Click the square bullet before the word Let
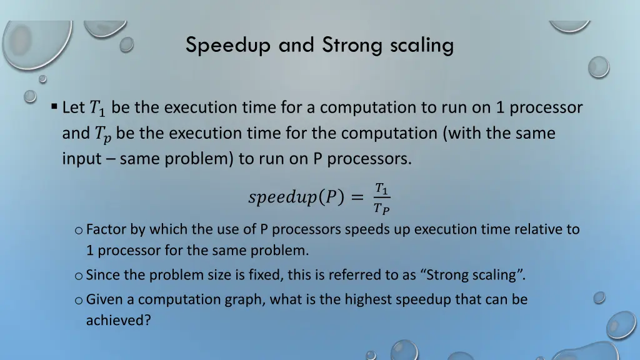(x=55, y=106)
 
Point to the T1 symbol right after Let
(x=98, y=109)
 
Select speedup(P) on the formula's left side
(x=296, y=198)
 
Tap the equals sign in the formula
(x=356, y=198)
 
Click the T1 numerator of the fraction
(x=381, y=188)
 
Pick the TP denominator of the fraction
(x=381, y=209)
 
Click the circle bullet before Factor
(x=78, y=230)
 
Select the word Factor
(x=106, y=229)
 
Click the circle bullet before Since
(x=78, y=275)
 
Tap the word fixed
(x=250, y=275)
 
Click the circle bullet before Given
(x=78, y=300)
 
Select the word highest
(x=374, y=300)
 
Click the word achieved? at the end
(x=119, y=321)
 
